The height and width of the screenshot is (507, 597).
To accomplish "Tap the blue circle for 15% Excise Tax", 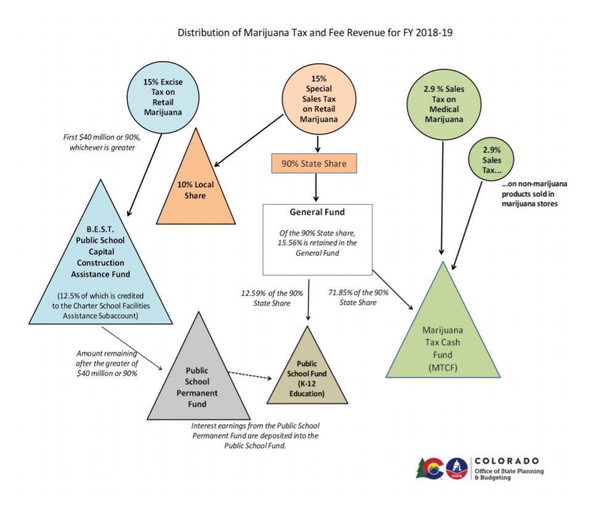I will click(x=163, y=95).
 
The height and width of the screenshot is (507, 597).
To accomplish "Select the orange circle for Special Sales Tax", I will click(x=318, y=99).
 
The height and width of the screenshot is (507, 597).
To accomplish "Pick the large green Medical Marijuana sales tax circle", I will click(x=444, y=102).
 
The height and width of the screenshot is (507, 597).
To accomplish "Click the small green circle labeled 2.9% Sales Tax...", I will click(x=492, y=160).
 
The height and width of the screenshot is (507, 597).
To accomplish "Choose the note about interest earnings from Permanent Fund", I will click(x=255, y=435).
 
